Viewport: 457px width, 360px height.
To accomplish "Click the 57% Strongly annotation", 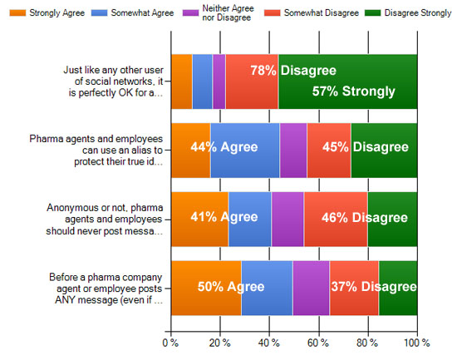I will coord(353,91).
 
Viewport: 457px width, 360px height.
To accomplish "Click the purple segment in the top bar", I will coord(219,81).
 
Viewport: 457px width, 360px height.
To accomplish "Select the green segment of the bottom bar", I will coord(398,288).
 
